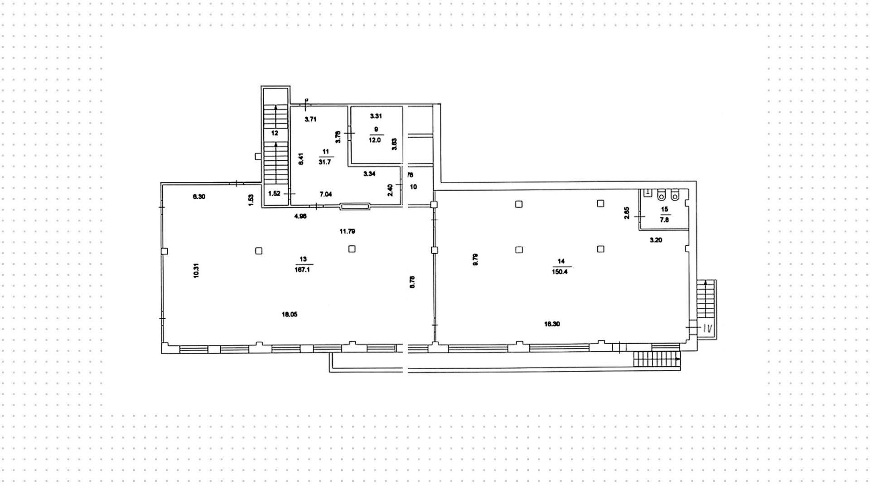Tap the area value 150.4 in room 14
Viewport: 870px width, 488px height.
coord(560,272)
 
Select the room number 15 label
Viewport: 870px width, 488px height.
coord(664,210)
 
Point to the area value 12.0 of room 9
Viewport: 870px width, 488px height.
coord(375,140)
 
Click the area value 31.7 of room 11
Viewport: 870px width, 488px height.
coord(324,162)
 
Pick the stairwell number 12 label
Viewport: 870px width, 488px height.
coord(275,133)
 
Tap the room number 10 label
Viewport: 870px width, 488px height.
coord(413,187)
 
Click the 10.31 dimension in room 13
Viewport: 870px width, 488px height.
coord(196,270)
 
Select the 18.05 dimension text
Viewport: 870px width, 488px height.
coord(290,314)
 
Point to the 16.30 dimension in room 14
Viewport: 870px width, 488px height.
coord(552,324)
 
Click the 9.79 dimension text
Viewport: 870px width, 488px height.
coord(475,259)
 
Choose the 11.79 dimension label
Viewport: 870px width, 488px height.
coord(348,231)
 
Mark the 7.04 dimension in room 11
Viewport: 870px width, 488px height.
coord(326,194)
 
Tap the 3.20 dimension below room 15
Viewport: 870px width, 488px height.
coord(656,240)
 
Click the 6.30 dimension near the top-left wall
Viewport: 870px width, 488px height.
coord(199,196)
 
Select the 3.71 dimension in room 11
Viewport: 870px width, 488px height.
coord(310,120)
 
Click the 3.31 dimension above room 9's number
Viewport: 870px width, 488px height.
coord(376,116)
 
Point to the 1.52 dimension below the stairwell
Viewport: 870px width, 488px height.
coord(275,193)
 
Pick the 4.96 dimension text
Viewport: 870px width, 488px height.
coord(300,216)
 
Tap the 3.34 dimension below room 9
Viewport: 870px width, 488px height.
coord(369,173)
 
